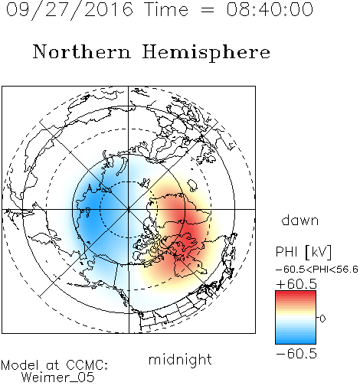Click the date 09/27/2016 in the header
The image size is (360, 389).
70,10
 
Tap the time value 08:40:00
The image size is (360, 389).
270,9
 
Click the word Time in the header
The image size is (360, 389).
166,9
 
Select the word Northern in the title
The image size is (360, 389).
82,51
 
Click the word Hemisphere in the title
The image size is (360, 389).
206,53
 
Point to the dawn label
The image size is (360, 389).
300,220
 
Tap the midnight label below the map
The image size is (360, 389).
180,360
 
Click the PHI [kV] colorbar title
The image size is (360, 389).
303,252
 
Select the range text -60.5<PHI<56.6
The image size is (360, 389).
317,270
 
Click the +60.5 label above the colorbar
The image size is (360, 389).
296,284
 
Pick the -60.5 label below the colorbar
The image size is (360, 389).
296,354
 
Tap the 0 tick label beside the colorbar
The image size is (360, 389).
322,319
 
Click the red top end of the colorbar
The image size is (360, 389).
296,293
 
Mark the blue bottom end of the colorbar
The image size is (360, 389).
296,342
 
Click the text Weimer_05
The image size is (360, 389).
58,378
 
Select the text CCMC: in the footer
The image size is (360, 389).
87,365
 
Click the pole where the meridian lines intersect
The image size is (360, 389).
129,209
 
